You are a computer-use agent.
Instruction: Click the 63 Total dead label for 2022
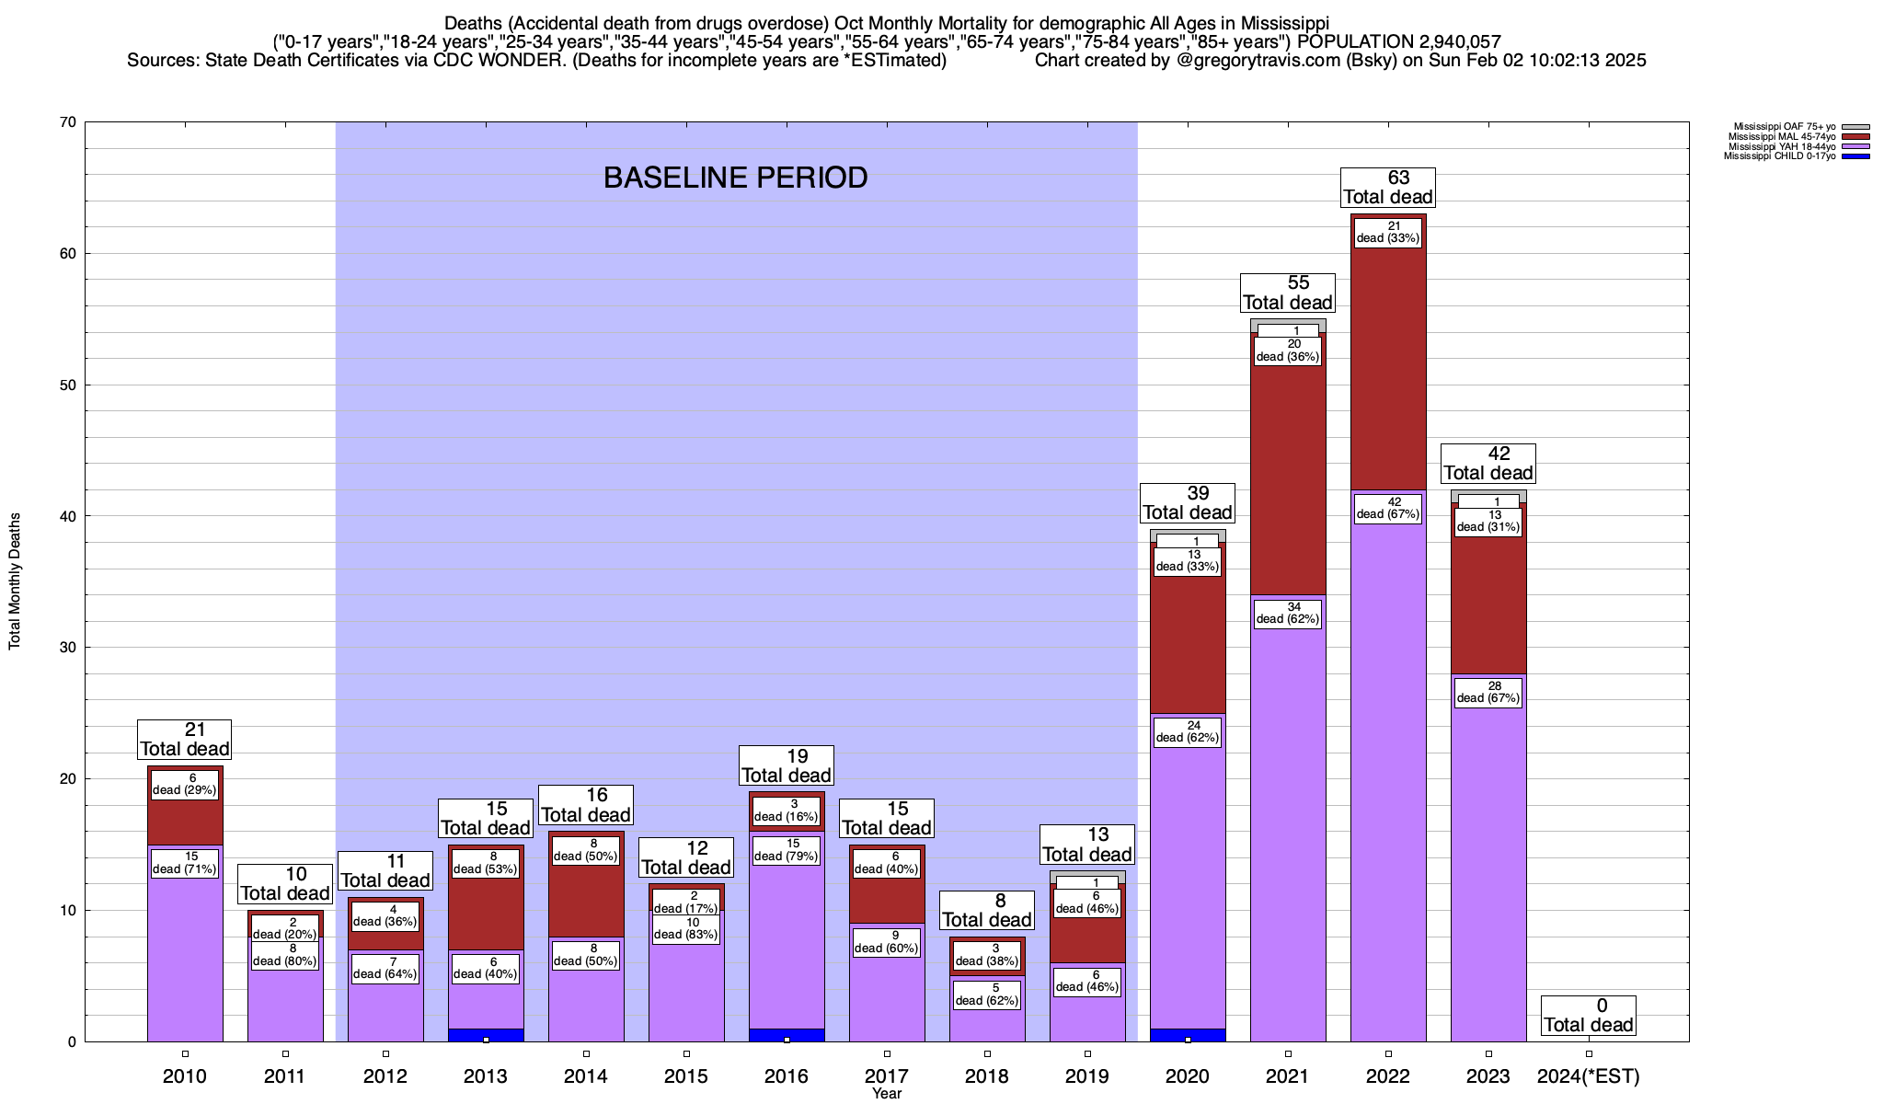[x=1387, y=187]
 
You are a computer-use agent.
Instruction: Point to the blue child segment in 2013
[x=486, y=1035]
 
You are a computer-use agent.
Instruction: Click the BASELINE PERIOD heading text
[x=735, y=178]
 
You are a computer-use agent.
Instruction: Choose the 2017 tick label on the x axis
[x=887, y=1076]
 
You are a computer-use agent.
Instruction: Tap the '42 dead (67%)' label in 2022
[x=1387, y=508]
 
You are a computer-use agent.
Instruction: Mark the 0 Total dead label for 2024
[x=1589, y=1016]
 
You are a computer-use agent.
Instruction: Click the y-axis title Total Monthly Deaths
[x=15, y=581]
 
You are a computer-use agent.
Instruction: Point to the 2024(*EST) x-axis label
[x=1589, y=1076]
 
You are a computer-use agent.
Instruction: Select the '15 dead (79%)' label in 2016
[x=786, y=850]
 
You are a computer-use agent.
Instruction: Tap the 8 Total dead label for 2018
[x=987, y=910]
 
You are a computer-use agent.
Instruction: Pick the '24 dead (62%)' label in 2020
[x=1187, y=731]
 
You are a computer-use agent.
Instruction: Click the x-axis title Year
[x=887, y=1094]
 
